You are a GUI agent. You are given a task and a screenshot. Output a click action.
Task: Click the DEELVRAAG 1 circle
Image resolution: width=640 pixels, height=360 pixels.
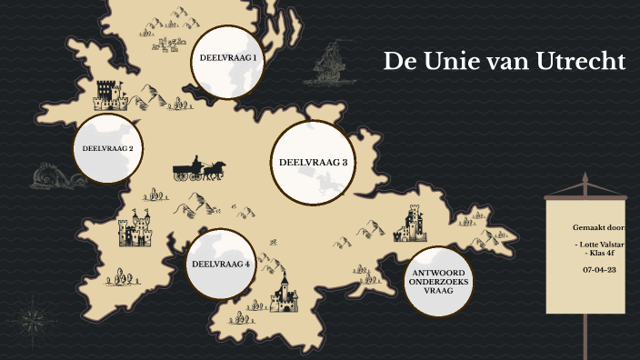[227, 58]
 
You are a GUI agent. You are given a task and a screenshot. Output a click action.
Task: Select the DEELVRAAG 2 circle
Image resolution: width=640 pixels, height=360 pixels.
[108, 147]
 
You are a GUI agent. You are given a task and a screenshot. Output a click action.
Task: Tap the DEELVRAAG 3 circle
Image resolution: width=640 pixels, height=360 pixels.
[313, 162]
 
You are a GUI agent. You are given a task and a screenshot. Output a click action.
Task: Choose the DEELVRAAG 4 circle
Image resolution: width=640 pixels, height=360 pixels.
[219, 265]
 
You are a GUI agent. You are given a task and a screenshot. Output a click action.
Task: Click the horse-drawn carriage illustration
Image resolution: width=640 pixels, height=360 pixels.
[199, 169]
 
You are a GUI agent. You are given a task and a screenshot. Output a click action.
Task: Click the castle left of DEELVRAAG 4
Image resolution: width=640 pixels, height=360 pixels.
[136, 230]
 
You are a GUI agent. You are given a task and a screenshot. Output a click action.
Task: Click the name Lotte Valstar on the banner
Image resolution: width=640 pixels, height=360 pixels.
[599, 245]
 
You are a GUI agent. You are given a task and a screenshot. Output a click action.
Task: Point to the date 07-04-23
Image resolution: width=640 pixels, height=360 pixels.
[599, 270]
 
